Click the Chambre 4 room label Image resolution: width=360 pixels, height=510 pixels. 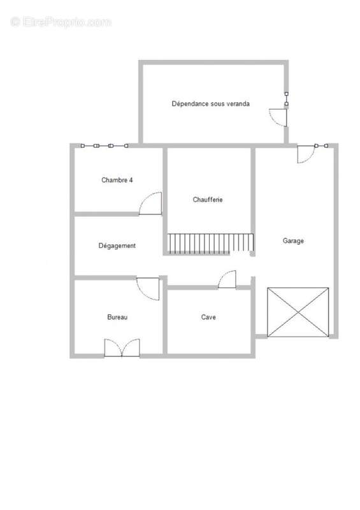[x=117, y=180]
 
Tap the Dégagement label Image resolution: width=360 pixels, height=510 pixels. [x=117, y=246]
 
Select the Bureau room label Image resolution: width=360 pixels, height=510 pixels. [x=117, y=317]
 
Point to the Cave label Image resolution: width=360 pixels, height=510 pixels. [x=208, y=317]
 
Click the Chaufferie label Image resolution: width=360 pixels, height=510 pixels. [x=208, y=200]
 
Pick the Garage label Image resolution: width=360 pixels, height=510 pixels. [x=293, y=241]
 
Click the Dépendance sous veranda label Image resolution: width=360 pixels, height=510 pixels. [x=211, y=104]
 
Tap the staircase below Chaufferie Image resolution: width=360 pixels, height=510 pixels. [x=210, y=243]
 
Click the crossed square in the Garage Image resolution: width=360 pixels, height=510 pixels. [x=298, y=312]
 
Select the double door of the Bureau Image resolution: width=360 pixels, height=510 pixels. [x=122, y=348]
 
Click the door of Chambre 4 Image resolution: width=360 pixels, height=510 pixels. [x=150, y=203]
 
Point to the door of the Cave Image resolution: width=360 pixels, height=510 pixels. [x=227, y=279]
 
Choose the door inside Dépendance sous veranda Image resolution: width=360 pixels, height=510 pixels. [x=278, y=117]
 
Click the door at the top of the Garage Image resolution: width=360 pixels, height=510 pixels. [x=306, y=154]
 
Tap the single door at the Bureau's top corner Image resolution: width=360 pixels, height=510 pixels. [x=148, y=289]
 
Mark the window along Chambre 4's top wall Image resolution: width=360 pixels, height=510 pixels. [x=104, y=146]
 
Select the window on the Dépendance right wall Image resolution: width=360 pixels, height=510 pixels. [x=287, y=99]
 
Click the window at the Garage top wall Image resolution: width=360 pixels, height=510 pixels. [x=321, y=146]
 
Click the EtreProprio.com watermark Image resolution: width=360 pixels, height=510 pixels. [x=61, y=22]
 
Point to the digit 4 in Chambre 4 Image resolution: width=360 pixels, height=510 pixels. [x=131, y=180]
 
